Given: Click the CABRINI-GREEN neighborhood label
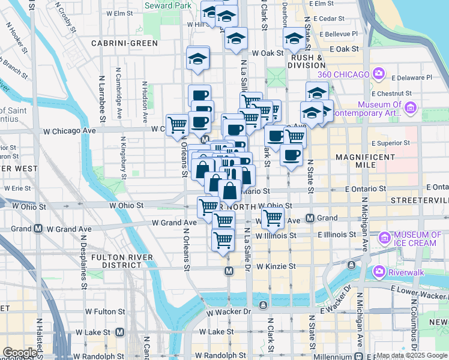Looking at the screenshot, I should [125, 43].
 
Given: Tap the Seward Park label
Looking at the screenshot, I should [168, 5].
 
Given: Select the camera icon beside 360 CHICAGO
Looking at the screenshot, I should [378, 74].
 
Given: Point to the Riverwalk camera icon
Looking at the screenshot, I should [379, 271].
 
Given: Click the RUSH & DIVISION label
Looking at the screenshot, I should [307, 62].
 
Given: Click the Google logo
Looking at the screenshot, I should [19, 352].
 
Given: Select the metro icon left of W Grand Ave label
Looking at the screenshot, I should [38, 229].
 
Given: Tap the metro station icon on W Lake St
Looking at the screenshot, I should [119, 332].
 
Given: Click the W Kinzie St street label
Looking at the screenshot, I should [276, 266].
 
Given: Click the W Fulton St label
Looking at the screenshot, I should [105, 311].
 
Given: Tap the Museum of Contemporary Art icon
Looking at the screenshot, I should [411, 108].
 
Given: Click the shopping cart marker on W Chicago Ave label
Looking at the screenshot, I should [177, 125].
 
